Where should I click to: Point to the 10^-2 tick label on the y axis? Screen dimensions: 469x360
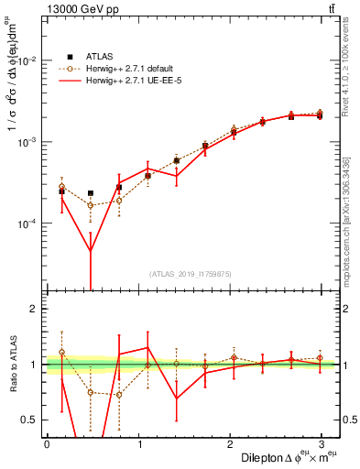tap(28, 61)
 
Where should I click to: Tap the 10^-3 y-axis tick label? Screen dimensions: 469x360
tap(28, 143)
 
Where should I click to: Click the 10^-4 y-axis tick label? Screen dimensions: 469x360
tap(28, 224)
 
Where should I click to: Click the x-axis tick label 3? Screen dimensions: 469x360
tap(321, 444)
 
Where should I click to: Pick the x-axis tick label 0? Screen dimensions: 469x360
tap(47, 444)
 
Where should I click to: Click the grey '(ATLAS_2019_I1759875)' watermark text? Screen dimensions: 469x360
tap(190, 273)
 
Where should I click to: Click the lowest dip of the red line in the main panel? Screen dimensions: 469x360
tap(90, 251)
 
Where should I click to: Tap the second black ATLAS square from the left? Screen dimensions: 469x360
tap(90, 193)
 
